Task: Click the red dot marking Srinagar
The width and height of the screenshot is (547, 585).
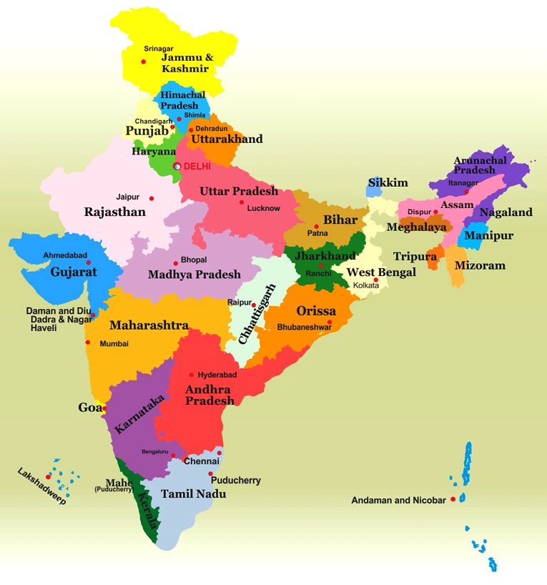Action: pyautogui.click(x=143, y=62)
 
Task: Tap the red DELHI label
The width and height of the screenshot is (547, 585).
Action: pyautogui.click(x=198, y=166)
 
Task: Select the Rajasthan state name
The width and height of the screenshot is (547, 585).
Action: pyautogui.click(x=114, y=212)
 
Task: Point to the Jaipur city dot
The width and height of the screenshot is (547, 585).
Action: pyautogui.click(x=151, y=198)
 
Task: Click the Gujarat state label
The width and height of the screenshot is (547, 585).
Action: pyautogui.click(x=74, y=272)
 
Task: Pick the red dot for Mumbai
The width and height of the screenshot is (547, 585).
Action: pyautogui.click(x=88, y=343)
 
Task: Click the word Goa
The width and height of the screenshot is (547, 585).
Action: pyautogui.click(x=89, y=408)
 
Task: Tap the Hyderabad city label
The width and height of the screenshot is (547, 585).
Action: pyautogui.click(x=217, y=375)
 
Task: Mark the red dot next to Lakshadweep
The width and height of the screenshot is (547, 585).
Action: pyautogui.click(x=48, y=477)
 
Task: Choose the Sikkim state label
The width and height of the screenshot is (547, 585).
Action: pyautogui.click(x=388, y=182)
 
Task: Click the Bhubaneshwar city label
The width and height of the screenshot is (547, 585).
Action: pyautogui.click(x=304, y=327)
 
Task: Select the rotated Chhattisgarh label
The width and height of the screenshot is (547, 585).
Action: pyautogui.click(x=257, y=314)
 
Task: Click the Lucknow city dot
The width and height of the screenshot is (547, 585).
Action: pyautogui.click(x=242, y=202)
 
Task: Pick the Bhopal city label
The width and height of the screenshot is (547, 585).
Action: pyautogui.click(x=194, y=260)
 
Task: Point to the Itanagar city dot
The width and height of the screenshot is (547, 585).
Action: pyautogui.click(x=465, y=192)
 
